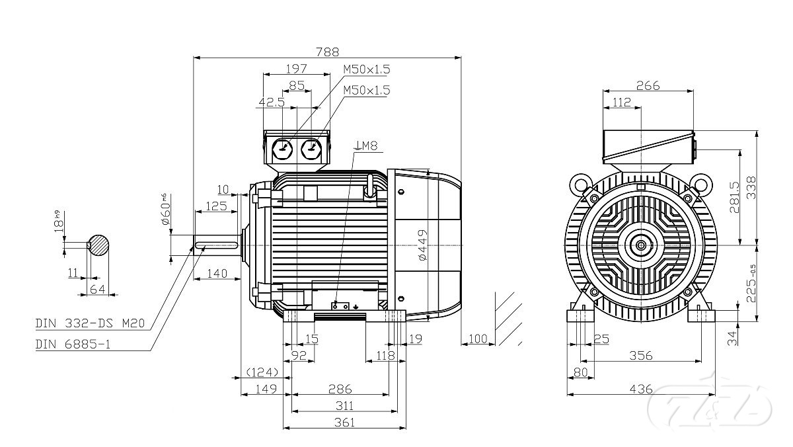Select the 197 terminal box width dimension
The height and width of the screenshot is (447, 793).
[x=296, y=68]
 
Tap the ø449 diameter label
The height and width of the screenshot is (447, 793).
[x=423, y=244]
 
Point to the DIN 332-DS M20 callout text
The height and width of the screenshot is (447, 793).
[x=89, y=324]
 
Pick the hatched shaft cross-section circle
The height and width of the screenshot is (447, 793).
[x=99, y=246]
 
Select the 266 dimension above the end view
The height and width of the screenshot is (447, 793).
[x=648, y=85]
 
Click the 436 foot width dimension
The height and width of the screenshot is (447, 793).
[x=641, y=388]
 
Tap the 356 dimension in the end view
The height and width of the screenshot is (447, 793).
[x=640, y=356]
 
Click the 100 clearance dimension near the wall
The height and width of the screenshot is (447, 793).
[x=477, y=339]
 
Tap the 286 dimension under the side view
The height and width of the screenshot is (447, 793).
[x=340, y=388]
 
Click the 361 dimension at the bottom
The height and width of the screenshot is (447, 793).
[x=344, y=421]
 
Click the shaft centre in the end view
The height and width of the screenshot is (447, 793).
[x=641, y=245]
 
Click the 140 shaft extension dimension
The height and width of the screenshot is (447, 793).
[x=215, y=273]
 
